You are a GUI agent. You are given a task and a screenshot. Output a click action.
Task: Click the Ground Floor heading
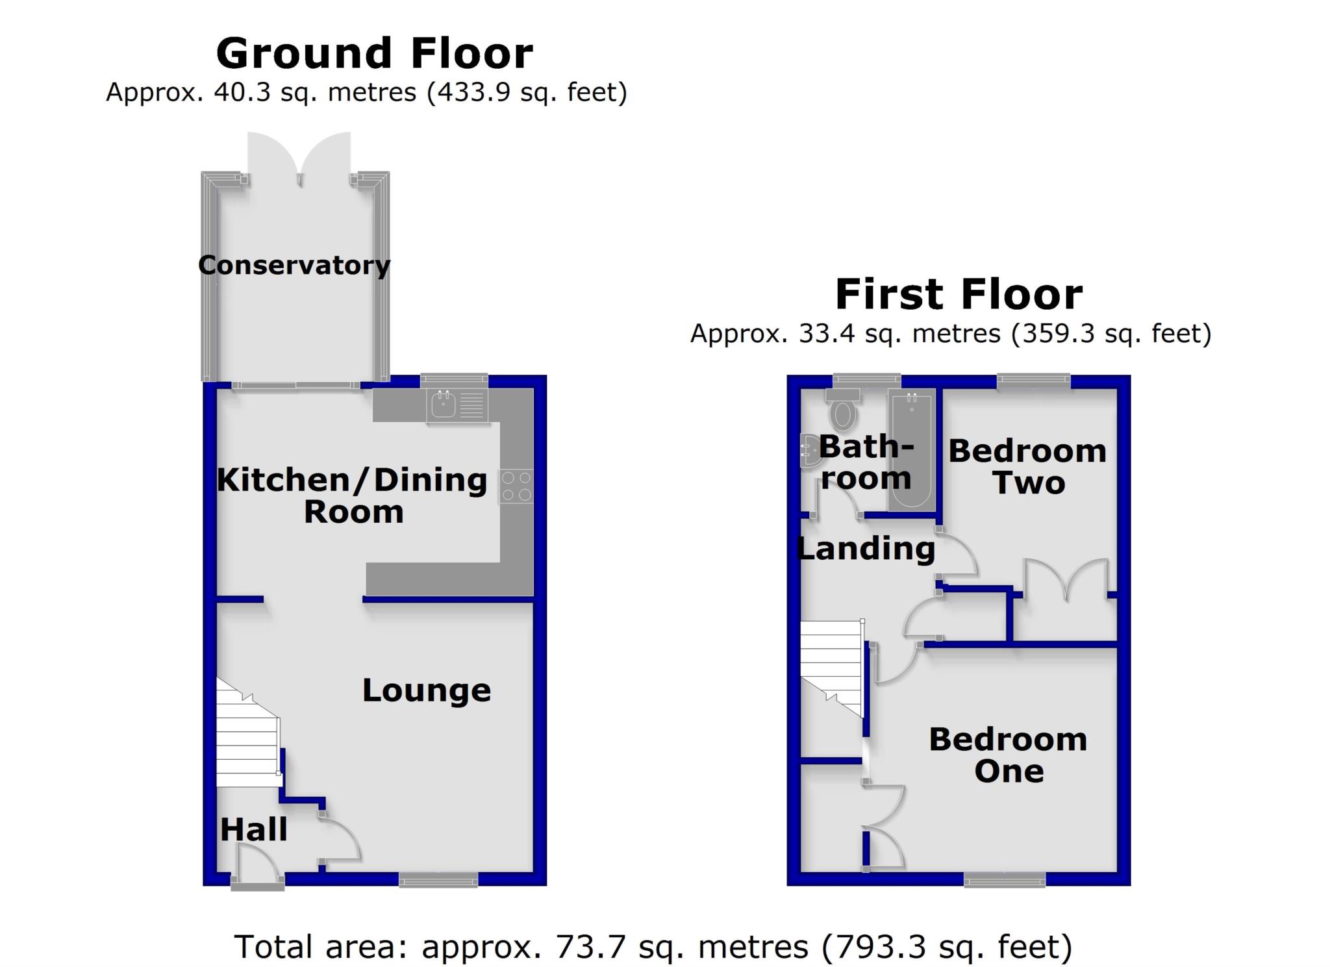pyautogui.click(x=374, y=53)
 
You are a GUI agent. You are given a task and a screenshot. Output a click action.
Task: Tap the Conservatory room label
pyautogui.click(x=294, y=265)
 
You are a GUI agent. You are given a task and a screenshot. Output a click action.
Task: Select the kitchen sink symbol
pyautogui.click(x=444, y=405)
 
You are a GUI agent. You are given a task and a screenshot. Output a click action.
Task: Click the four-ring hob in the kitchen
pyautogui.click(x=516, y=486)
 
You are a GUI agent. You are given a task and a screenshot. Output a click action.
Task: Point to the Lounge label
pyautogui.click(x=426, y=690)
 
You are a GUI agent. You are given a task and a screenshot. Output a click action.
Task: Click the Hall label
pyautogui.click(x=253, y=829)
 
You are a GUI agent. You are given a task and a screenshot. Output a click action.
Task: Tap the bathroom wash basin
pyautogui.click(x=809, y=451)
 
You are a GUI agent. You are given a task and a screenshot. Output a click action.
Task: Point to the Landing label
pyautogui.click(x=865, y=549)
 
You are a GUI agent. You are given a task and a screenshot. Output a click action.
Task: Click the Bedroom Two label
pyautogui.click(x=1027, y=466)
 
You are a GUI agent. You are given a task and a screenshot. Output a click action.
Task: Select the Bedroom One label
pyautogui.click(x=1007, y=755)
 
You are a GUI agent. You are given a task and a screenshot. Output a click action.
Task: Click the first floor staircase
pyautogui.click(x=831, y=666)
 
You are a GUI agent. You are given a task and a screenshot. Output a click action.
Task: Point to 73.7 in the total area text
pyautogui.click(x=590, y=946)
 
